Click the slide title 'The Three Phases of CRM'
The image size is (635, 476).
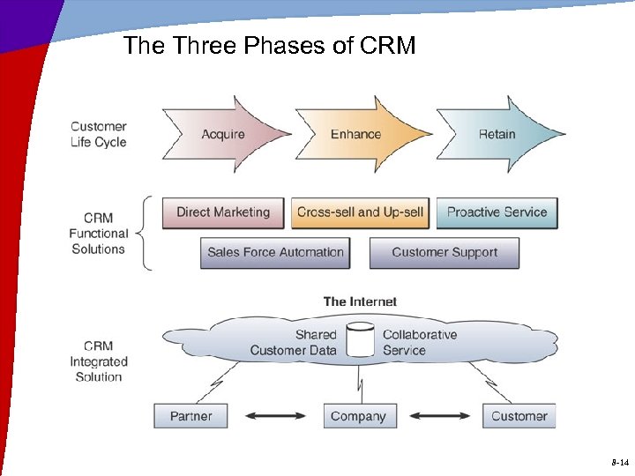(269, 46)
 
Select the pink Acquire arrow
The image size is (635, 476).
(224, 134)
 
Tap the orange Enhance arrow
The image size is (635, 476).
(355, 134)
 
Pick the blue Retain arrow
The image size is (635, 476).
(497, 134)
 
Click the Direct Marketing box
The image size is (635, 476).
(223, 212)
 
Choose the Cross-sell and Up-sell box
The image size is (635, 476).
(360, 212)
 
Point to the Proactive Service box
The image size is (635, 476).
(497, 212)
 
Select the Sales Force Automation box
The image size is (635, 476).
(275, 252)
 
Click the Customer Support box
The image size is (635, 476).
(444, 252)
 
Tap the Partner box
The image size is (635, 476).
(190, 416)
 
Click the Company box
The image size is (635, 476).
(358, 416)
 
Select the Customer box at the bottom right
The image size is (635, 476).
(519, 416)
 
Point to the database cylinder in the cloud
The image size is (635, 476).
(360, 341)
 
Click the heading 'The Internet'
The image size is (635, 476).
(360, 301)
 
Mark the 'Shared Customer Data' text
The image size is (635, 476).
(294, 342)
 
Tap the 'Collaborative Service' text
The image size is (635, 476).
(420, 342)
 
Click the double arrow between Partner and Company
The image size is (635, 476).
(274, 416)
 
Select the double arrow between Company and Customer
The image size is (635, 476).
(440, 416)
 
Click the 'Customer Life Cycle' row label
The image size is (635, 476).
(99, 134)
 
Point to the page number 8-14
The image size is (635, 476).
(619, 462)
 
